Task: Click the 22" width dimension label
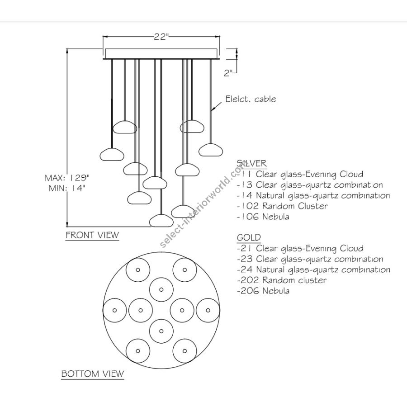pos(161,37)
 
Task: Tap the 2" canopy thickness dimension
pos(229,73)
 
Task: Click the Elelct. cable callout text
pos(251,99)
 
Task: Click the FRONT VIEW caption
pos(92,235)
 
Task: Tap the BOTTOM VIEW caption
pos(92,374)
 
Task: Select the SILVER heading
pos(251,163)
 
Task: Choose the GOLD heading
pos(249,237)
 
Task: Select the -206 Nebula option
pos(263,291)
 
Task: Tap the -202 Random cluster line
pos(281,280)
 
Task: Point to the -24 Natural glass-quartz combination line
pos(313,270)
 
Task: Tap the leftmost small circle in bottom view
pos(115,310)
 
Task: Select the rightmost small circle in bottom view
pos(208,310)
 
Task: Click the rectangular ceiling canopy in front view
pos(161,53)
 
